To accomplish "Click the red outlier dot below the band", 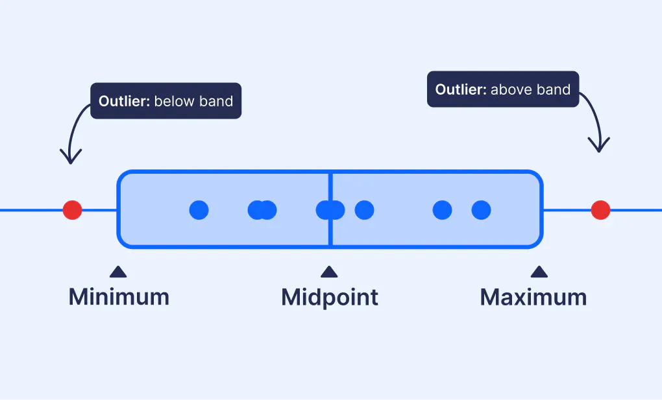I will click(72, 210).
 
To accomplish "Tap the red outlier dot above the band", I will click(600, 210).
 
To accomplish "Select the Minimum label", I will click(119, 297).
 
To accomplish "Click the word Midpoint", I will click(330, 297).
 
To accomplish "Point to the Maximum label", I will click(533, 297).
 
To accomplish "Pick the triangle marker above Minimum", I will click(117, 272).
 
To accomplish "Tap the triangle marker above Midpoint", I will click(329, 272).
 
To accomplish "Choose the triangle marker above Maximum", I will click(539, 272).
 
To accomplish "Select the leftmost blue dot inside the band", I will click(199, 210).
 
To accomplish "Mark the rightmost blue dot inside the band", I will click(481, 210).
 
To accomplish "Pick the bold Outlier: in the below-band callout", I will click(124, 101).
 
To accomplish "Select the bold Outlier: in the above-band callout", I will click(460, 89).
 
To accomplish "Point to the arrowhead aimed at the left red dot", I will click(71, 158).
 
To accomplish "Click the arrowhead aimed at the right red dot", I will click(599, 146).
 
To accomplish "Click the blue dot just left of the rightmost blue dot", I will click(442, 210).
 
